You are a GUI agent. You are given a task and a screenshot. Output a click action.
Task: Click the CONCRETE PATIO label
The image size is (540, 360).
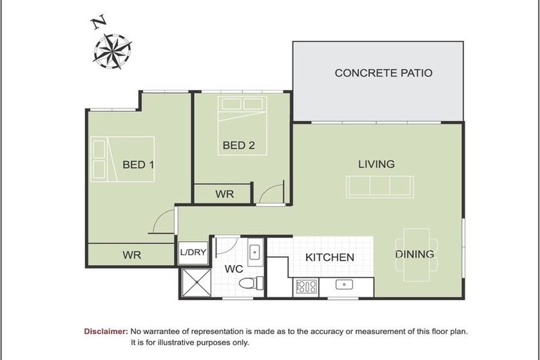[383, 72]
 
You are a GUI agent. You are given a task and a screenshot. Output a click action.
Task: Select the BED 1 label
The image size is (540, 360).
[139, 165]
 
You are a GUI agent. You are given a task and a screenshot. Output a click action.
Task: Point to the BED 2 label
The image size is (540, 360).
[238, 146]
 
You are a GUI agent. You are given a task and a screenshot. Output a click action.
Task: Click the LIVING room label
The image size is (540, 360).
[376, 164]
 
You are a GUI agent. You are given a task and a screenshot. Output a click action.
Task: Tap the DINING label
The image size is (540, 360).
[414, 254]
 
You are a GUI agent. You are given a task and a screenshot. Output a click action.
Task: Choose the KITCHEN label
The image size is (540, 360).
[329, 257]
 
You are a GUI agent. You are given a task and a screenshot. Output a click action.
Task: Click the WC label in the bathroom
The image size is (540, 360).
[233, 269]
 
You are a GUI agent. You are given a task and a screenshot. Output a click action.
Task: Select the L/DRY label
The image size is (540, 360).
[193, 253]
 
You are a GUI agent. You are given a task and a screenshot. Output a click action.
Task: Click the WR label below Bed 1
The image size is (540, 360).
[131, 255]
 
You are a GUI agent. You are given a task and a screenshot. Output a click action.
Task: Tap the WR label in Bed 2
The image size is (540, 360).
[224, 194]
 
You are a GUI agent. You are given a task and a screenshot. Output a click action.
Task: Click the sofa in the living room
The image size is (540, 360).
[380, 186]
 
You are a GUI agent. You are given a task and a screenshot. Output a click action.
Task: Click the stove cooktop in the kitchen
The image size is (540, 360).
[307, 286]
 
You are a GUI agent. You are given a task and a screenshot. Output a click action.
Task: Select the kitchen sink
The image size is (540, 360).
[345, 285]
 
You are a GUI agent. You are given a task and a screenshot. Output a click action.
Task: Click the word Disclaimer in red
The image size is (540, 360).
[105, 330]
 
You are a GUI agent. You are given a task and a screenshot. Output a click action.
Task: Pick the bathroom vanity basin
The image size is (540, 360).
[255, 252]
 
